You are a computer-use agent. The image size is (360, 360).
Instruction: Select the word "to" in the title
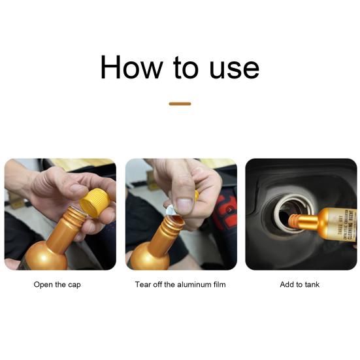182,67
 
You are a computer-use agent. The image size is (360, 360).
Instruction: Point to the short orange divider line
180,103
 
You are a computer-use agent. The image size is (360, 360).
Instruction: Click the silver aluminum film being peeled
171,210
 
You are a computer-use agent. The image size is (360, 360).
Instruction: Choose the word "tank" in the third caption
312,285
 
